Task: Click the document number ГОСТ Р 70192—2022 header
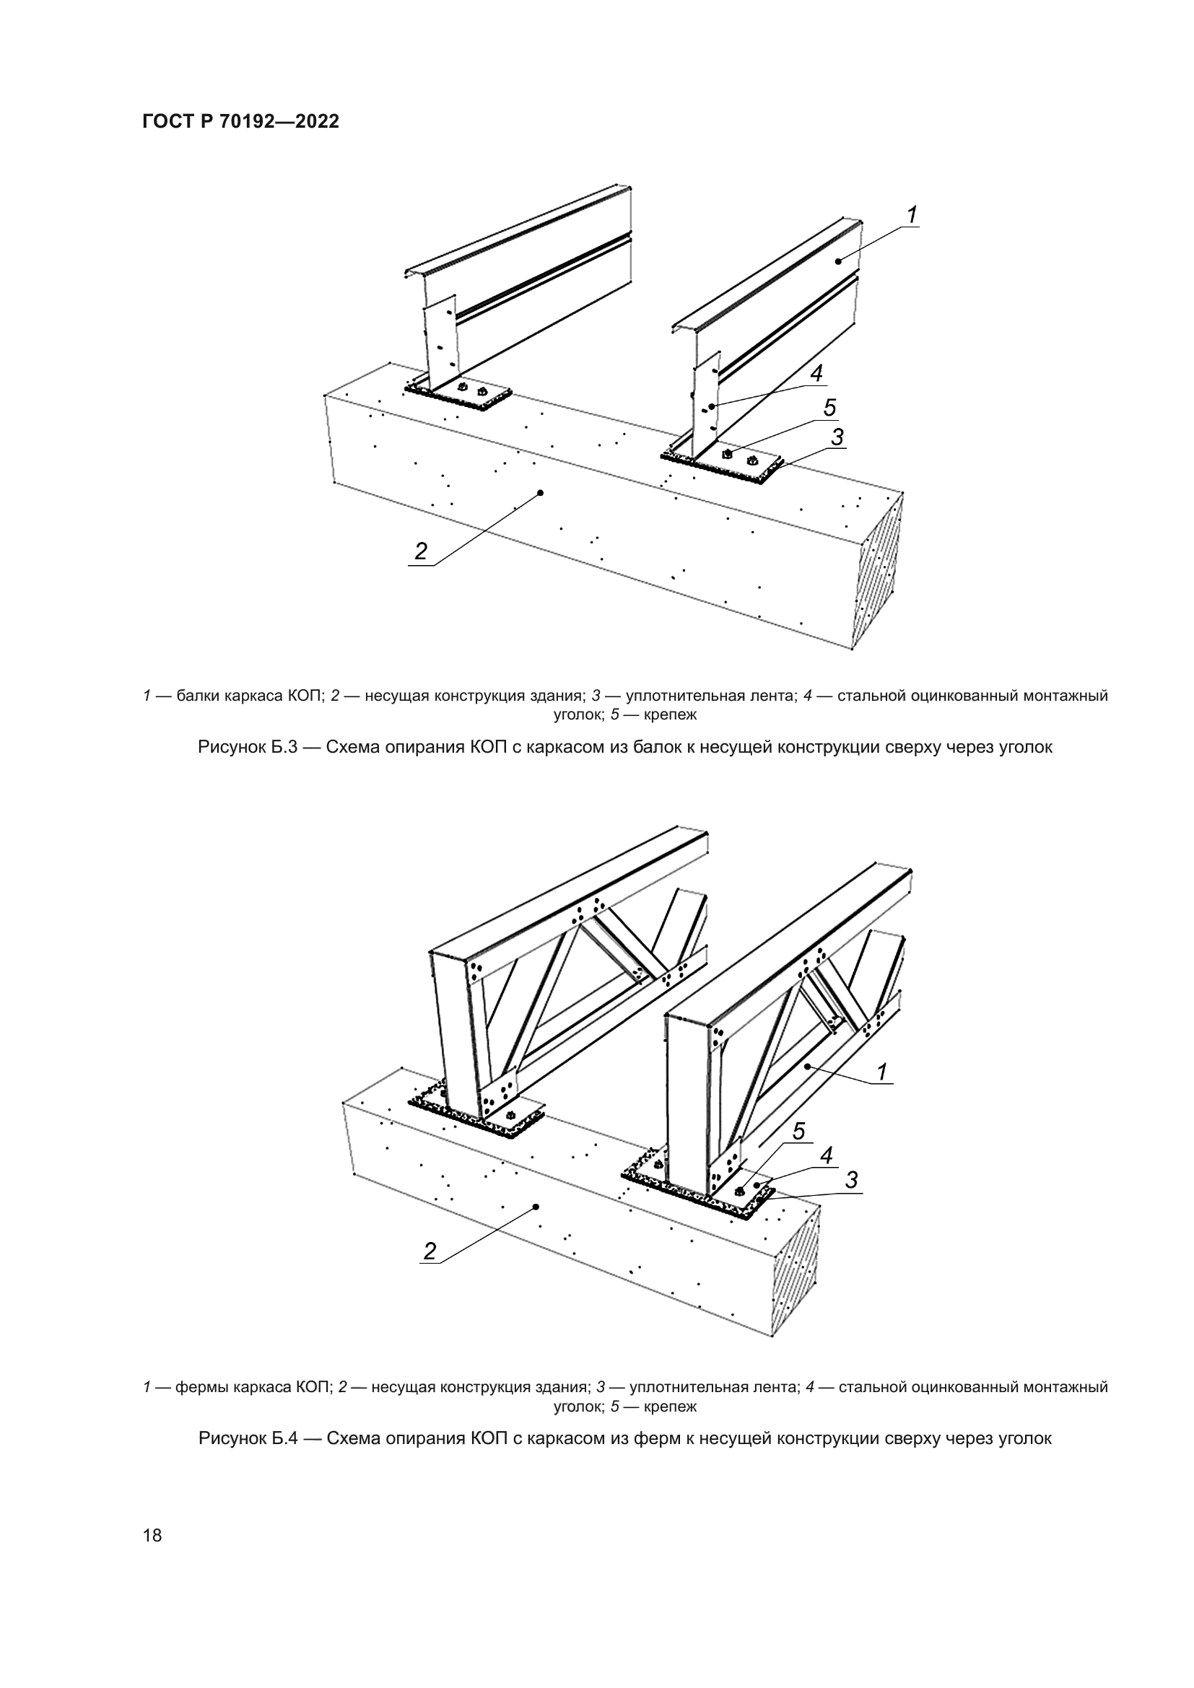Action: pyautogui.click(x=240, y=122)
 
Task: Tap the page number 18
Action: pyautogui.click(x=153, y=1535)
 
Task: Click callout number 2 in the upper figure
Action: pyautogui.click(x=421, y=551)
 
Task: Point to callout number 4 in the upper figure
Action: pyautogui.click(x=816, y=375)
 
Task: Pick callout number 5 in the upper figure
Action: pyautogui.click(x=829, y=408)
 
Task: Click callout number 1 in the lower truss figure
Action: pyautogui.click(x=882, y=1072)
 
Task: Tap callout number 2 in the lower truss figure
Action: pyautogui.click(x=430, y=1251)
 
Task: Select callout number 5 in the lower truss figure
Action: pyautogui.click(x=799, y=1132)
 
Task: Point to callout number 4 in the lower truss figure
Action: pyautogui.click(x=827, y=1155)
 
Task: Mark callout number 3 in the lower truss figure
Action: pyautogui.click(x=851, y=1180)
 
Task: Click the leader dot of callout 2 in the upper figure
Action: pyautogui.click(x=541, y=493)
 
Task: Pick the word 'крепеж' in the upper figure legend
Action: pyautogui.click(x=670, y=714)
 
